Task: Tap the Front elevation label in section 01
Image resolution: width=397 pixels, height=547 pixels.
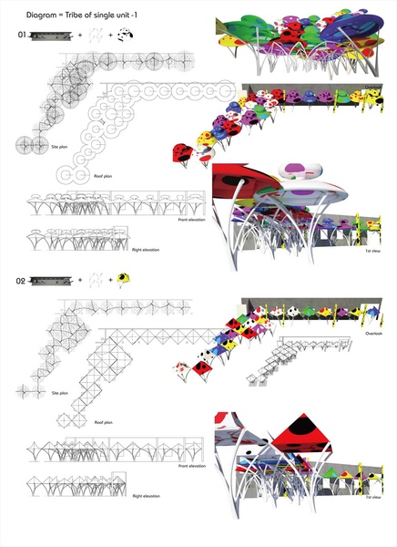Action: coord(191,221)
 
